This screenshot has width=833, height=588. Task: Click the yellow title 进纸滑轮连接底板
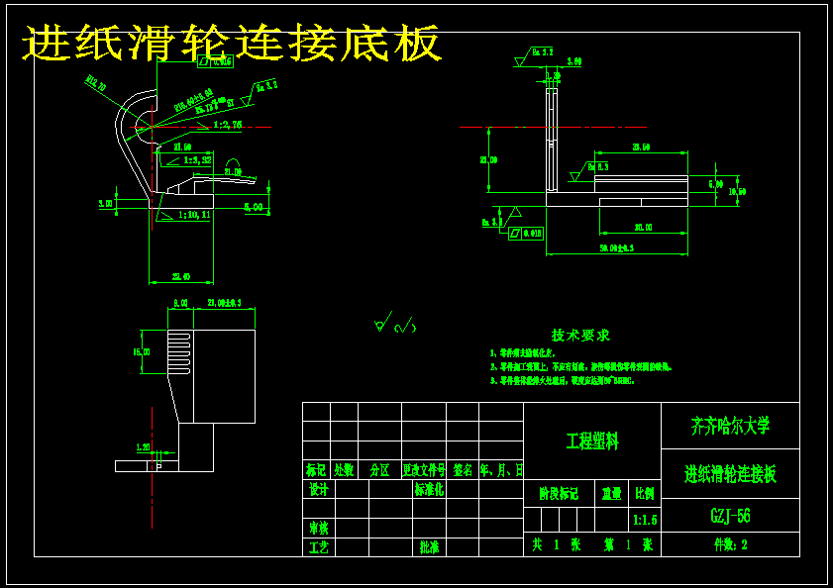click(232, 45)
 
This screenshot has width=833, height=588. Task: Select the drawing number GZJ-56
click(730, 516)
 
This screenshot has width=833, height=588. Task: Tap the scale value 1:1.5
click(644, 520)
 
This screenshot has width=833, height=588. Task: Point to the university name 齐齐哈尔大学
click(730, 427)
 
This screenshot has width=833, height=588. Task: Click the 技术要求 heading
click(580, 336)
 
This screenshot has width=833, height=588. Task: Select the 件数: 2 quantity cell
click(730, 544)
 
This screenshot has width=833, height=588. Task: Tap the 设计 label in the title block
click(318, 490)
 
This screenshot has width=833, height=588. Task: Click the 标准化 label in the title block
click(430, 490)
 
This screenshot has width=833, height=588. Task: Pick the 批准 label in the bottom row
click(430, 546)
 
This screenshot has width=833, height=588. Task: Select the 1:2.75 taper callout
click(228, 125)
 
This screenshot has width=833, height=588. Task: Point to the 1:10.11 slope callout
click(194, 214)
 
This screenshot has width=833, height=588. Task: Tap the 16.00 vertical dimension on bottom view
click(142, 351)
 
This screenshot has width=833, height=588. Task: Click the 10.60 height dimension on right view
click(736, 191)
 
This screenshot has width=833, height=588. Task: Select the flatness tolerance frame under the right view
click(526, 234)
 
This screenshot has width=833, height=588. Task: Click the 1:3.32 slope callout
click(197, 159)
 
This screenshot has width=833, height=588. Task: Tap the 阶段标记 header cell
click(558, 493)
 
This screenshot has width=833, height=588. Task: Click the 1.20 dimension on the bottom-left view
click(142, 446)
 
